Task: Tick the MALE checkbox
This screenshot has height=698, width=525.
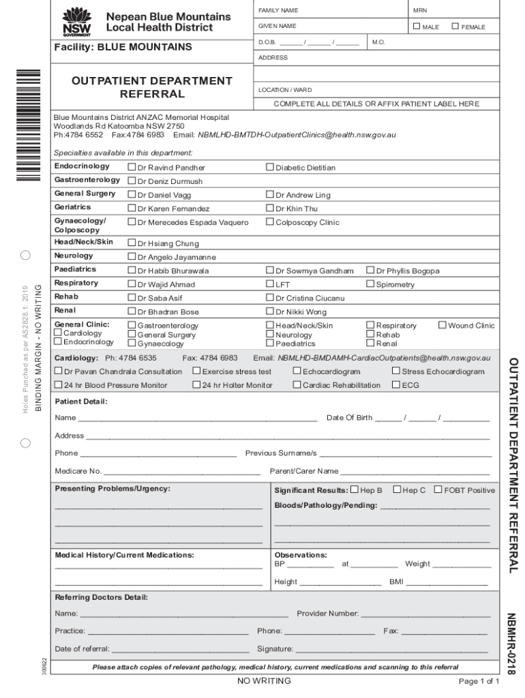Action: (x=417, y=26)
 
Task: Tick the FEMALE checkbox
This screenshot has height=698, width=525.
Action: (x=455, y=26)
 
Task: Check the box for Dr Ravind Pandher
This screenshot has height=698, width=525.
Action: (x=132, y=167)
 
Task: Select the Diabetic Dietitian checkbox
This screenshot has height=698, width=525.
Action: (x=269, y=167)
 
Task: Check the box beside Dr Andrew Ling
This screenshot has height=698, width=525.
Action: (x=269, y=194)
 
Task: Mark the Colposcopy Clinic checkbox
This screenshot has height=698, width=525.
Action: (x=269, y=222)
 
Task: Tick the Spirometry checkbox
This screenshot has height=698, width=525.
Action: (x=370, y=284)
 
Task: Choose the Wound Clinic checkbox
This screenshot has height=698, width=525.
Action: (x=442, y=325)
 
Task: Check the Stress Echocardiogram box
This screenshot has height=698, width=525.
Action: (x=395, y=371)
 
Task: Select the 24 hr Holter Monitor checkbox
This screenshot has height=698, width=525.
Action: (x=196, y=384)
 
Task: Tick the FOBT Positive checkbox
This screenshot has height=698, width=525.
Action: (x=438, y=489)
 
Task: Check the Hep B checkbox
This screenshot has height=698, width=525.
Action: (x=354, y=489)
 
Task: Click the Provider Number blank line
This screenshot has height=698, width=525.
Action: (x=425, y=614)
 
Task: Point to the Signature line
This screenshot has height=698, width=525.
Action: (x=392, y=650)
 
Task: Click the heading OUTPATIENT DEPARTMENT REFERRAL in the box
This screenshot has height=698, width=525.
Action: (x=152, y=87)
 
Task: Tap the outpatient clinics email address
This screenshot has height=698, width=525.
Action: (x=296, y=134)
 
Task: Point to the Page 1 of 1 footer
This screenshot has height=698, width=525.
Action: (x=479, y=681)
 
